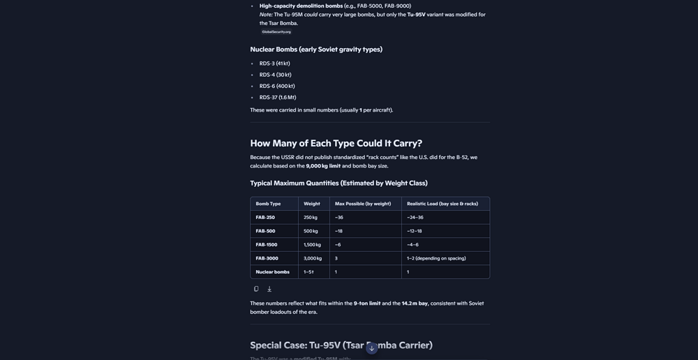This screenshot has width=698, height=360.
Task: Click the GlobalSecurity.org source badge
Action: tap(276, 32)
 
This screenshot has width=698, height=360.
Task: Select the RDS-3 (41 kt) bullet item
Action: tap(274, 63)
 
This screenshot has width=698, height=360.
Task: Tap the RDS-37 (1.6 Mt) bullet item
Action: tap(278, 98)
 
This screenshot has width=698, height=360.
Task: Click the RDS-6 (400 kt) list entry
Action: tap(277, 87)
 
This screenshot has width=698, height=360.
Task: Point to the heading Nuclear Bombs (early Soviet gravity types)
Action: tap(316, 50)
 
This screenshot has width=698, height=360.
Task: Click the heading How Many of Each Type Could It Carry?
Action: tap(336, 143)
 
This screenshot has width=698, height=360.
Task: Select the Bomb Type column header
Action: tap(268, 204)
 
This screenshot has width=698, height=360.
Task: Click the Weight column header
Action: tap(312, 204)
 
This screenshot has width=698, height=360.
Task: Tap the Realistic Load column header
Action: tap(443, 204)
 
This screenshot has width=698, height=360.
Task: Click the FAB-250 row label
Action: tap(265, 218)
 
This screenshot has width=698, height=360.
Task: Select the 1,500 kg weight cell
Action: tap(312, 245)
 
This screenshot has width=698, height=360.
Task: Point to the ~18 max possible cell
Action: tap(339, 231)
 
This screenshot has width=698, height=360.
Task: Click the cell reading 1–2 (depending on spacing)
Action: tap(436, 258)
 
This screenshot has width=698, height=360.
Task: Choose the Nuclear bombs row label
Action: tap(272, 272)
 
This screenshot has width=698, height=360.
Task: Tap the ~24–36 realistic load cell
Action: tap(415, 218)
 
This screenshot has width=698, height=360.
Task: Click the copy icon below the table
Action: tap(256, 289)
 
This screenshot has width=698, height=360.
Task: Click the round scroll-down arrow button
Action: tap(372, 347)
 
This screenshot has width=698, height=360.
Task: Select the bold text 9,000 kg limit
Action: tap(323, 166)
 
